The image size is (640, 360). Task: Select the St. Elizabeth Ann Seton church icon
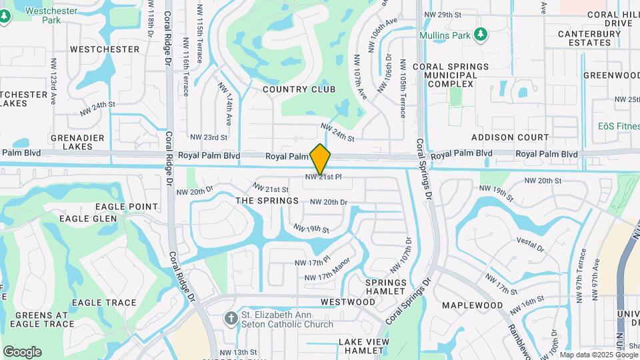click(x=231, y=319)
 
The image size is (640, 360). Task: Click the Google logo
click(x=22, y=351)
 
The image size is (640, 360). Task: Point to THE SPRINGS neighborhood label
click(x=267, y=201)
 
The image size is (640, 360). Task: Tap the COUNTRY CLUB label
click(x=299, y=89)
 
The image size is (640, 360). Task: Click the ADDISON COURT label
click(x=510, y=137)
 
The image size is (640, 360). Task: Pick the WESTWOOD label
click(x=348, y=302)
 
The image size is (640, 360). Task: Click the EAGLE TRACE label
click(x=104, y=303)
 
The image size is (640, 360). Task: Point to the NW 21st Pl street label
click(x=323, y=177)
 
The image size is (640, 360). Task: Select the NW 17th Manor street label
click(x=327, y=277)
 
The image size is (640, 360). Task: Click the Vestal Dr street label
click(x=531, y=243)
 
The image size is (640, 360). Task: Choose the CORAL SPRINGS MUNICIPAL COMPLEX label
click(x=451, y=75)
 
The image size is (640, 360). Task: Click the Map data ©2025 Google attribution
click(x=599, y=355)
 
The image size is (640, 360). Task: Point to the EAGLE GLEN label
click(x=88, y=219)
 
